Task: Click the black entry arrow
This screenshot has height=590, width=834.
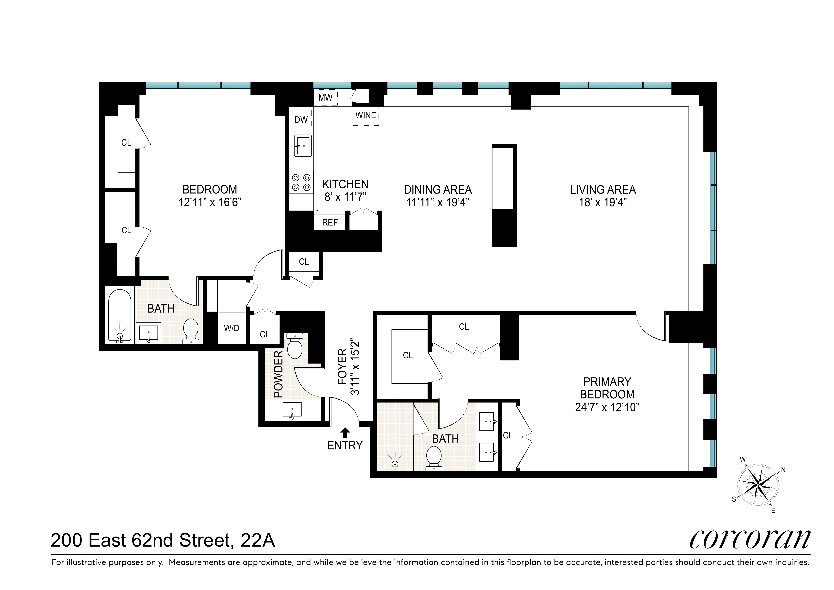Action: click(x=345, y=432)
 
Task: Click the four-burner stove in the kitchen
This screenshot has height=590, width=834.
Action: click(x=301, y=182)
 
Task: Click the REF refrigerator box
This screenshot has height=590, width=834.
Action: click(x=330, y=222)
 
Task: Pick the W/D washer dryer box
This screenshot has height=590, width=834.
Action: click(x=231, y=328)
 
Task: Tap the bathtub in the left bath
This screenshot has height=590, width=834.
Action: click(x=120, y=315)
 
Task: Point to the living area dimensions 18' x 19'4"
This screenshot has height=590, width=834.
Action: click(x=603, y=202)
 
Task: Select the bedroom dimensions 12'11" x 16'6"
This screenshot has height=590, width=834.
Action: click(x=210, y=202)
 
